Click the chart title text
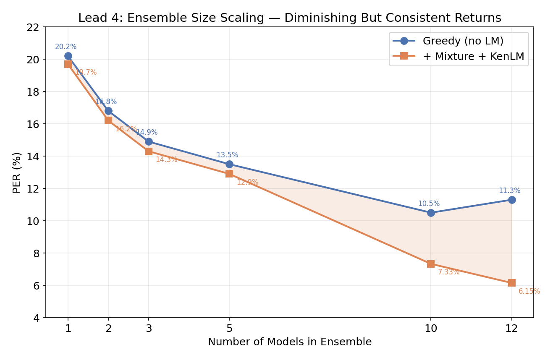[289, 18]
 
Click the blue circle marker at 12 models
[511, 200]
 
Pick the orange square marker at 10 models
[430, 264]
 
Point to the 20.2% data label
[66, 47]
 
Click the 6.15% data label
[529, 291]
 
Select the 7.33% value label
[448, 272]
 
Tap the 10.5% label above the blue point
[428, 204]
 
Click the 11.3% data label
[509, 191]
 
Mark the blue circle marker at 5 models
[229, 164]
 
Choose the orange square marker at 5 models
[229, 174]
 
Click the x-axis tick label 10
[430, 328]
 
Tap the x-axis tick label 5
[229, 328]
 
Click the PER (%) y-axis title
[17, 172]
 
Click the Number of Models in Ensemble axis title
[289, 342]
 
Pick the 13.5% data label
[227, 155]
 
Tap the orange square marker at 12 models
[511, 283]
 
